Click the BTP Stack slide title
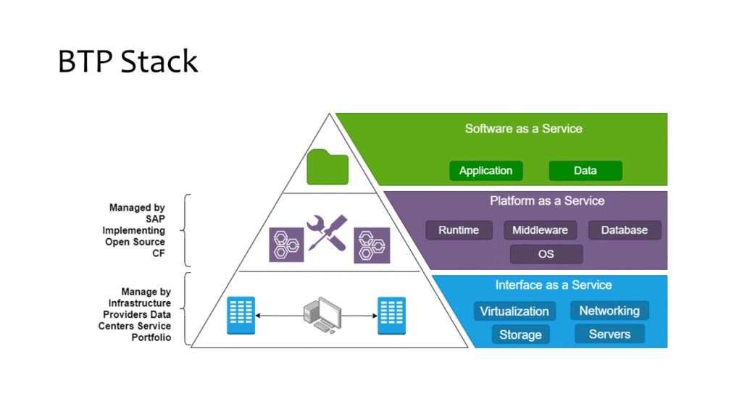click(x=128, y=62)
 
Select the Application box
click(x=485, y=171)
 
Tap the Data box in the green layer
click(x=585, y=171)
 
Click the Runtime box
click(x=459, y=230)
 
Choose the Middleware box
click(x=540, y=230)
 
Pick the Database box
click(x=624, y=230)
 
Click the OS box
click(x=546, y=254)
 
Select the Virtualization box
click(x=514, y=311)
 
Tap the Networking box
click(x=609, y=311)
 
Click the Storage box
click(x=520, y=334)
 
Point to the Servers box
click(x=609, y=334)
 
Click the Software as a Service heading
click(x=523, y=129)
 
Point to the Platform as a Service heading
click(x=547, y=201)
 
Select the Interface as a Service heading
click(x=554, y=285)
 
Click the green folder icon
click(x=328, y=168)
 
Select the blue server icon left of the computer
click(x=241, y=316)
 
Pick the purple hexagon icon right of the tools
click(x=372, y=245)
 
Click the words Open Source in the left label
click(x=135, y=242)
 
